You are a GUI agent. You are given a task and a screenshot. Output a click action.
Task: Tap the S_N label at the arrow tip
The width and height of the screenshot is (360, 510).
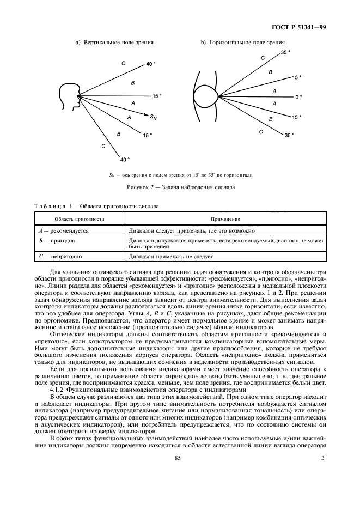pyautogui.click(x=155, y=116)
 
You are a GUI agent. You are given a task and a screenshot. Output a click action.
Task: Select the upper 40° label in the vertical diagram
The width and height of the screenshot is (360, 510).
pyautogui.click(x=151, y=64)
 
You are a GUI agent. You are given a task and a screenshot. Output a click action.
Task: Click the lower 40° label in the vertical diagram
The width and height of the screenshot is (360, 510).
pyautogui.click(x=125, y=160)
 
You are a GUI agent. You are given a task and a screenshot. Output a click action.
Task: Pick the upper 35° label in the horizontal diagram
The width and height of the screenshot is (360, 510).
pyautogui.click(x=285, y=52)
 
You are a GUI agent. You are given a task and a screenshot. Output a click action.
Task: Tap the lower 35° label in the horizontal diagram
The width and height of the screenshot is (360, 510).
pyautogui.click(x=289, y=135)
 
